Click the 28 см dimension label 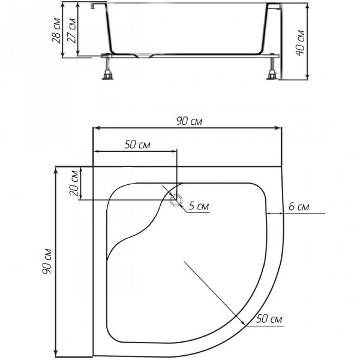tap(56, 31)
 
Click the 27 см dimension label tap(71, 31)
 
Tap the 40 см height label tap(300, 43)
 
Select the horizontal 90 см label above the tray tap(189, 121)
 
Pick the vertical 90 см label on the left tap(47, 261)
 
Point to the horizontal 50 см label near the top tap(137, 145)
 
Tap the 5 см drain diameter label tap(199, 206)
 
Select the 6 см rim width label tap(299, 206)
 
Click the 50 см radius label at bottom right tap(269, 319)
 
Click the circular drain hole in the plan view tap(176, 200)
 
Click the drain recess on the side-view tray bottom tap(143, 56)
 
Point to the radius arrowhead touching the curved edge tap(242, 322)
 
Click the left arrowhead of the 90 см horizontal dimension tap(97, 128)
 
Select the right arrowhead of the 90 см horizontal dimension tap(278, 128)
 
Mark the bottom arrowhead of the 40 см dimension tap(307, 76)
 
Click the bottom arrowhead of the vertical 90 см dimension tap(55, 353)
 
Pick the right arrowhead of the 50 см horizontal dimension tap(173, 151)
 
